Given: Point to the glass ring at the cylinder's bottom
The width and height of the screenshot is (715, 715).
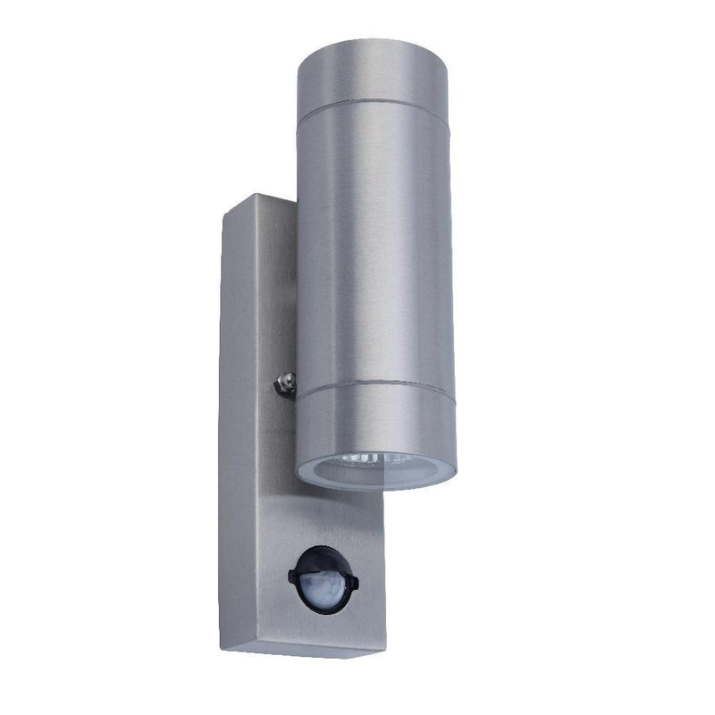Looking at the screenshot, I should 375,478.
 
